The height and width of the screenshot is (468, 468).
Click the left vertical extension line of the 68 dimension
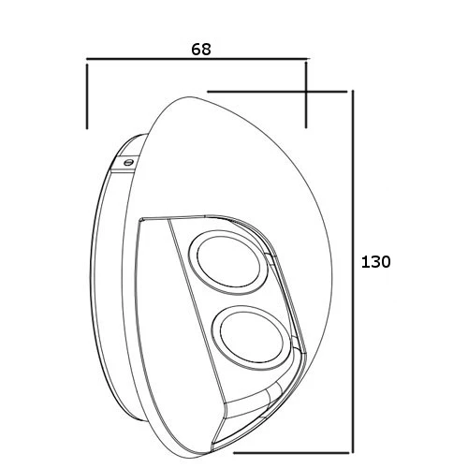pos(87,94)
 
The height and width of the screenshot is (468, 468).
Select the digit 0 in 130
pos(385,262)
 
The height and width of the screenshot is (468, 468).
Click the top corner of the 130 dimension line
pos(352,91)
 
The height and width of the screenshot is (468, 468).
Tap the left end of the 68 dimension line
pos(87,62)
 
